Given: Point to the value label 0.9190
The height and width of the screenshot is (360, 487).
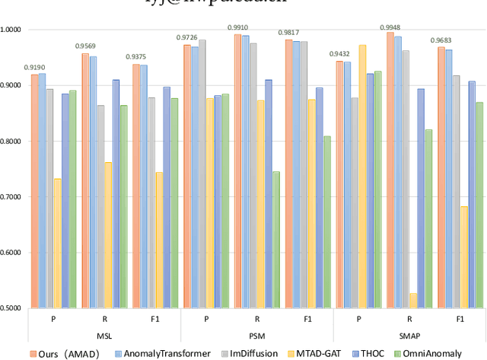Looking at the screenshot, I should pyautogui.click(x=34, y=67).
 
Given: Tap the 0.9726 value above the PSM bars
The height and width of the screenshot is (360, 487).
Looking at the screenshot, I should pyautogui.click(x=187, y=37).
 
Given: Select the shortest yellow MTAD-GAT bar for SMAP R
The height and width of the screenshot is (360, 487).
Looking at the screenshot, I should pyautogui.click(x=414, y=301).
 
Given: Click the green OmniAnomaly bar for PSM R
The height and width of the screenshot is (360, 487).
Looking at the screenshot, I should pyautogui.click(x=275, y=239).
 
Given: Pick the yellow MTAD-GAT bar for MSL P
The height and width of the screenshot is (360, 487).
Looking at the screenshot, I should pyautogui.click(x=58, y=243).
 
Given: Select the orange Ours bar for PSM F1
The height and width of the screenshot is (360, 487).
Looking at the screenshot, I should pyautogui.click(x=288, y=174).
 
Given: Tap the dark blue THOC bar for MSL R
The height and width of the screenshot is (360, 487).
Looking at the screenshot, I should pyautogui.click(x=116, y=193).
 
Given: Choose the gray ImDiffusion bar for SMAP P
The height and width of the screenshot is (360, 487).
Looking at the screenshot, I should pyautogui.click(x=355, y=202).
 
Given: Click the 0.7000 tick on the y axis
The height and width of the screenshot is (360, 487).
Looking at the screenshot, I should pyautogui.click(x=13, y=196).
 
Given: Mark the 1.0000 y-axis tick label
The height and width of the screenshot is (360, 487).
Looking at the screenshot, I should pyautogui.click(x=13, y=30).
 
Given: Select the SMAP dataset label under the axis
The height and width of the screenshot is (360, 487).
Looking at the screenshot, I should pyautogui.click(x=409, y=336).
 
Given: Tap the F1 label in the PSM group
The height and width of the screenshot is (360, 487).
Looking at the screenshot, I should pyautogui.click(x=307, y=320).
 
